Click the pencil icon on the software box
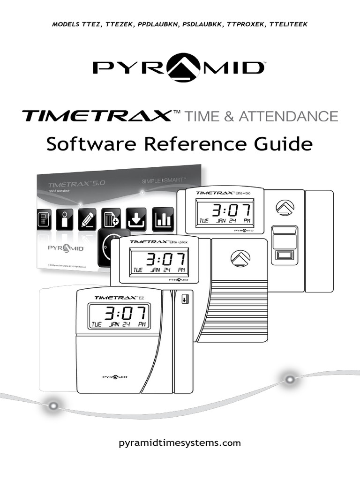point(88,219)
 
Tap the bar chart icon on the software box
point(163,219)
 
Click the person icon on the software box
point(65,219)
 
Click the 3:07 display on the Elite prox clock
point(160,260)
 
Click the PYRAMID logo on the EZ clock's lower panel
point(115,376)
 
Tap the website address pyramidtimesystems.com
point(180,442)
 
